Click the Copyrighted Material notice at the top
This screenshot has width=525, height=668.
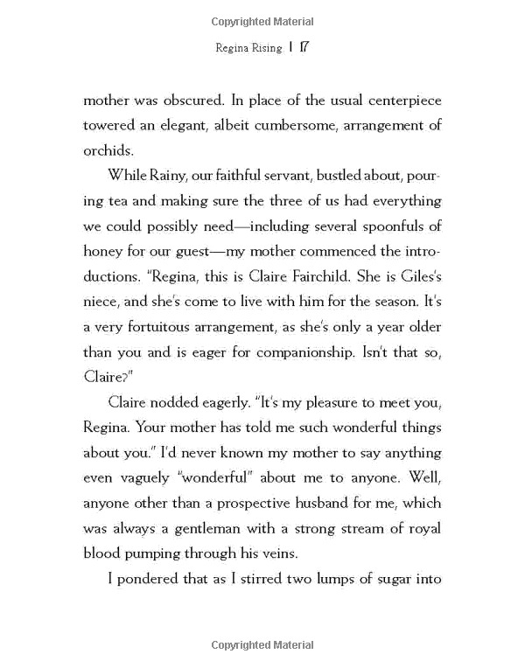[x=262, y=21]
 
